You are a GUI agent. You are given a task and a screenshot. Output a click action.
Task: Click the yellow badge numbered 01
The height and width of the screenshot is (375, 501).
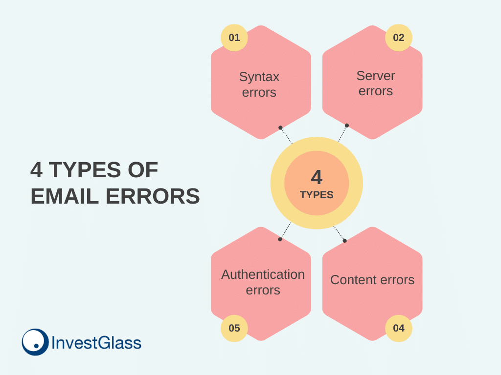pos(234,38)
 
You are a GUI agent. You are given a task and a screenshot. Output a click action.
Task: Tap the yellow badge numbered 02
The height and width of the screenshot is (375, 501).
pos(398,38)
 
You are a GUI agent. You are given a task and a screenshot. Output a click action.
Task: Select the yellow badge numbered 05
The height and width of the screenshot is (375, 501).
pos(234,328)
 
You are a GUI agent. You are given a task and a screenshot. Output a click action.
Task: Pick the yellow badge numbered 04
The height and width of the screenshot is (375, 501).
pos(398,328)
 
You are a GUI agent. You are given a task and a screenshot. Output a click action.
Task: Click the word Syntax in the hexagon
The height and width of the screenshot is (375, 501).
pos(259,77)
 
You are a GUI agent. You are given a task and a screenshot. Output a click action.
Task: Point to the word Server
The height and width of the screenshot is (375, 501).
pos(376,76)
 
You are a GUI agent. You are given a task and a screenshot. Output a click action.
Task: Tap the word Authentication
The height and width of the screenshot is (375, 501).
pos(263,274)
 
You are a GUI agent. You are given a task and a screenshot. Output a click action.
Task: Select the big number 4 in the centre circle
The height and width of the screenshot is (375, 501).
pos(317,177)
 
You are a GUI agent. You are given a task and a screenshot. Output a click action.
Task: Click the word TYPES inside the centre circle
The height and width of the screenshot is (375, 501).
pos(317,195)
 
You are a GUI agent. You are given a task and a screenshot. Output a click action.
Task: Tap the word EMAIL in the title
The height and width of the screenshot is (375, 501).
pos(65,196)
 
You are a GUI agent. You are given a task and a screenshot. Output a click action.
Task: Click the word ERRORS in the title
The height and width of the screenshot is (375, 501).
pos(153,196)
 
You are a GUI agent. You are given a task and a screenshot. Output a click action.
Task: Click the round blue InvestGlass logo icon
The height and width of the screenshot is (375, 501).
pos(35,342)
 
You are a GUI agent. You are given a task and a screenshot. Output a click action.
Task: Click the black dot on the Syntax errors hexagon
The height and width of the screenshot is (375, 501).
pos(280,127)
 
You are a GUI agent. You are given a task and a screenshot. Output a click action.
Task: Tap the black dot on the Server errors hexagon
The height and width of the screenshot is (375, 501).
pos(347,125)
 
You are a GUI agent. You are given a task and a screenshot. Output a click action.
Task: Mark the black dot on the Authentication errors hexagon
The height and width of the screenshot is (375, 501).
pos(280,239)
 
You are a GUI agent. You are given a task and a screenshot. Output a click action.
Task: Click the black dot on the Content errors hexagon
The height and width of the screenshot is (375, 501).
pos(344,241)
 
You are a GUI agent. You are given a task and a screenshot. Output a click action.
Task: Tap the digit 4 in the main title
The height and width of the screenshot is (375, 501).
pos(36,169)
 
